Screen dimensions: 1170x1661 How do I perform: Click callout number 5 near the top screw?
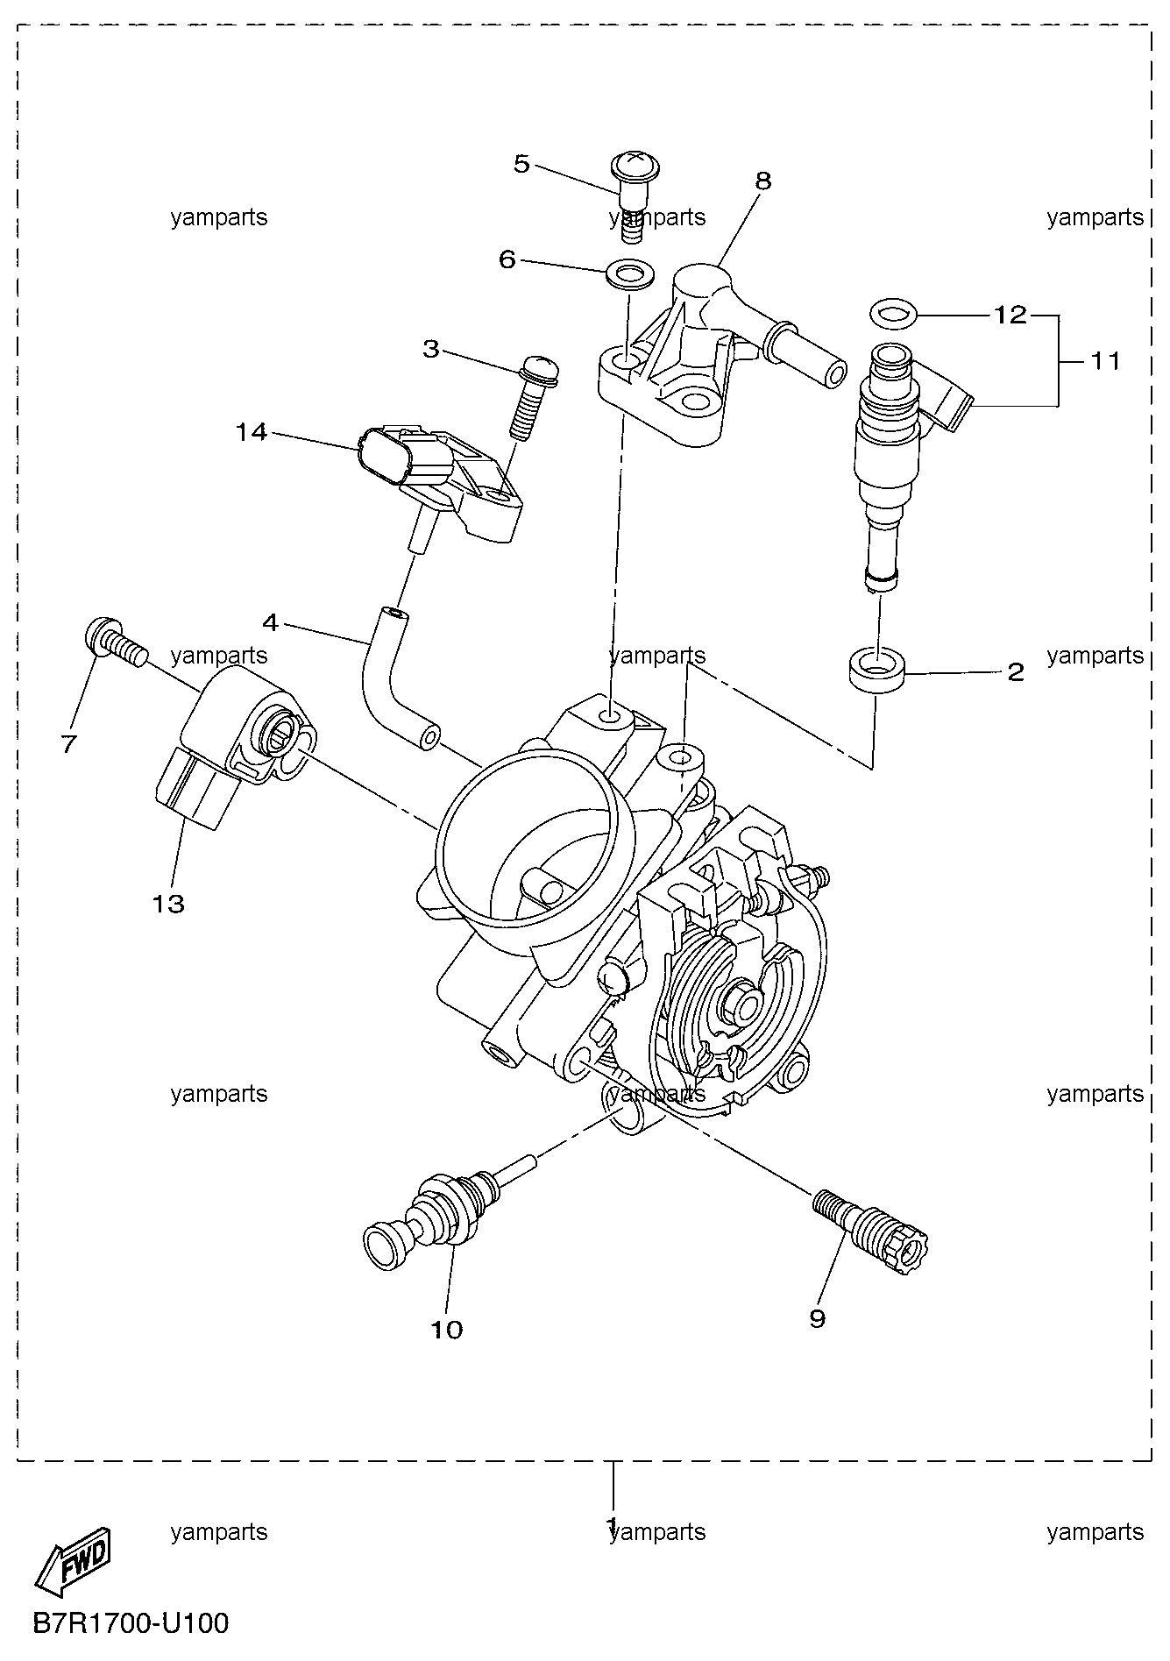click(x=522, y=164)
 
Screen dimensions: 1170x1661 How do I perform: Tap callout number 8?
click(x=763, y=181)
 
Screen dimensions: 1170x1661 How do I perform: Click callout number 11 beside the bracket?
click(x=1105, y=360)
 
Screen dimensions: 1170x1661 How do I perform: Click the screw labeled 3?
click(x=533, y=394)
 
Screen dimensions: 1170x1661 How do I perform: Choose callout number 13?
click(x=168, y=903)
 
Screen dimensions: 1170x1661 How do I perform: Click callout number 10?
click(x=446, y=1330)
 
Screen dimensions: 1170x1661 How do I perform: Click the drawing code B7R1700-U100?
click(x=131, y=1622)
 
